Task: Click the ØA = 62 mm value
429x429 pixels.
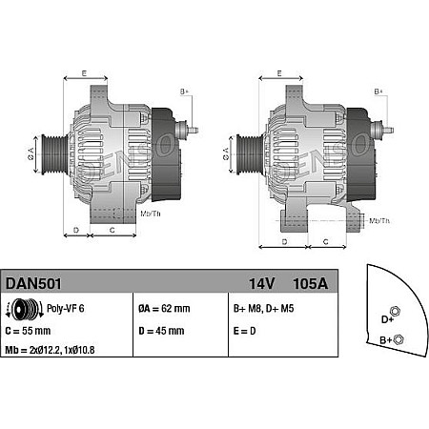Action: (x=164, y=309)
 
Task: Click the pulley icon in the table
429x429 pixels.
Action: (x=22, y=309)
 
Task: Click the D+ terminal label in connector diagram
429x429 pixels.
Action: (x=388, y=319)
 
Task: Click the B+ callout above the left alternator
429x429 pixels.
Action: (x=185, y=92)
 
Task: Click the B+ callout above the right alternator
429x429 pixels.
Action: (x=378, y=92)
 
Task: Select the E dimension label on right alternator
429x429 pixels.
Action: (x=278, y=73)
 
